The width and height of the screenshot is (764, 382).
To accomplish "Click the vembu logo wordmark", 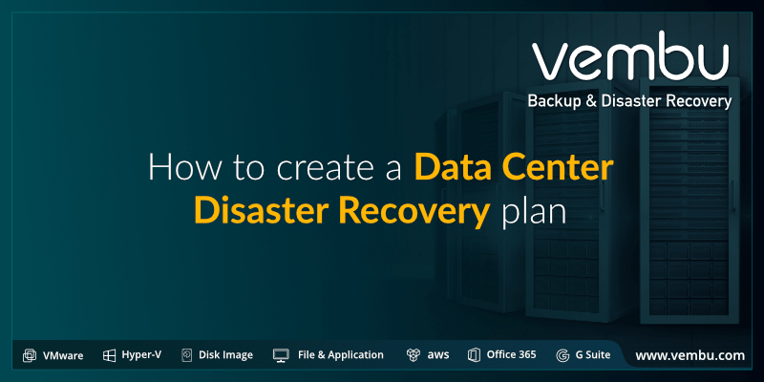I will coord(631,59).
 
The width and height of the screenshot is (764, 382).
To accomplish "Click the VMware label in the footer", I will coord(63,355).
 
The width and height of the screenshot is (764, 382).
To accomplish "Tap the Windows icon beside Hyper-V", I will coord(109,355).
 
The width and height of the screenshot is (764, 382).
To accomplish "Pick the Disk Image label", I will coord(225,355).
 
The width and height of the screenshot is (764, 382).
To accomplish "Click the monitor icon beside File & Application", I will coord(281,355).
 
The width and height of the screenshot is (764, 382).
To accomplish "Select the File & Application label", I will coord(340,355).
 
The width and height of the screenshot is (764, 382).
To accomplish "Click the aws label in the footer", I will coord(438,355).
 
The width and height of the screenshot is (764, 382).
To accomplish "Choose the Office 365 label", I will coord(511,355).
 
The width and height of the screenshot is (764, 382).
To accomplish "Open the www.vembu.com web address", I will coord(690,355).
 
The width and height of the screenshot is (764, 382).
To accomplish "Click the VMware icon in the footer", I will coord(30,355).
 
